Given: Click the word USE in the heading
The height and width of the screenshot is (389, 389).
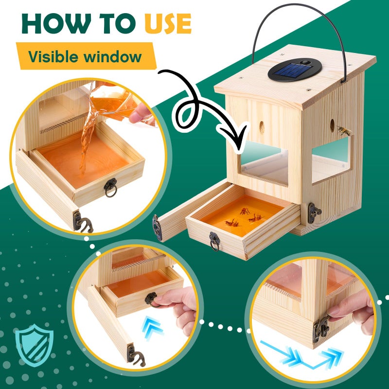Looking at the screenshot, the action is click(168, 23).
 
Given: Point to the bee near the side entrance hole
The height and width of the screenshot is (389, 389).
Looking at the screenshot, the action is click(344, 130).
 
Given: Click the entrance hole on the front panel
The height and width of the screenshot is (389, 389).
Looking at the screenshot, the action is click(262, 127).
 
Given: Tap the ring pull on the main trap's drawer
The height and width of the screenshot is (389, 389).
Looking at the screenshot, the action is click(214, 241).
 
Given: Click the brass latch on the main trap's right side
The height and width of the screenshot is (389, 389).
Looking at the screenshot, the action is click(313, 213).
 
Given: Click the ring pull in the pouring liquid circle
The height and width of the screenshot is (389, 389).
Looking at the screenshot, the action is click(110, 188).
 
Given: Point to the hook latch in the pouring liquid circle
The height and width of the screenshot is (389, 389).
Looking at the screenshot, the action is click(83, 222).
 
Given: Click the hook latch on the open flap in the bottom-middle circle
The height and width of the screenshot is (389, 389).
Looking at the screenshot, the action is click(136, 355).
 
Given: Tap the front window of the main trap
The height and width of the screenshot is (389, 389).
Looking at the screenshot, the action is click(265, 163).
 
